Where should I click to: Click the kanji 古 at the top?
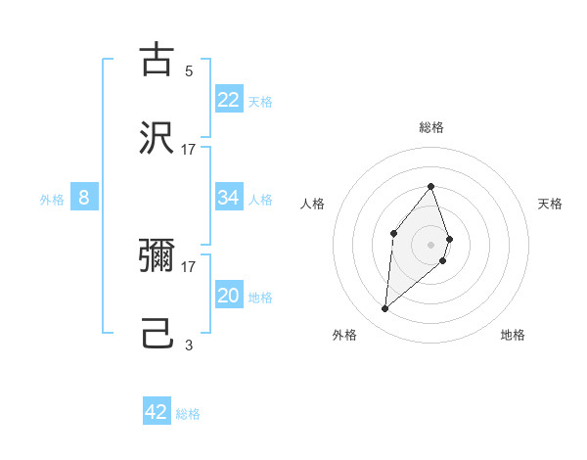(x=157, y=61)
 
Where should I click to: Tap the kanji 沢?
(x=157, y=138)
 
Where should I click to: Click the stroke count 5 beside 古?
(x=189, y=71)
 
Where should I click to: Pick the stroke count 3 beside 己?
(x=189, y=345)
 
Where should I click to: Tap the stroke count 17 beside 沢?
(x=189, y=149)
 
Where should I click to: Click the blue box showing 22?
(x=229, y=100)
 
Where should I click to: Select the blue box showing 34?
(x=229, y=198)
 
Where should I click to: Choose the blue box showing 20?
(x=229, y=296)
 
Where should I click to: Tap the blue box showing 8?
(x=84, y=198)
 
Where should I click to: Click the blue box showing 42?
(x=157, y=412)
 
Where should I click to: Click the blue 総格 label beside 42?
(x=188, y=414)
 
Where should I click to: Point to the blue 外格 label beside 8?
(x=52, y=200)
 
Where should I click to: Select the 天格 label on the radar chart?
(x=550, y=204)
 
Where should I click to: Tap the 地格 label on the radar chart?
(x=513, y=335)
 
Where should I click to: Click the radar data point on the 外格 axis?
(x=384, y=309)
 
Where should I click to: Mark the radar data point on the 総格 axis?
(x=430, y=186)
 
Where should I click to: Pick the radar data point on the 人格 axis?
(x=393, y=232)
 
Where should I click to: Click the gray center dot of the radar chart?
(x=430, y=245)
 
